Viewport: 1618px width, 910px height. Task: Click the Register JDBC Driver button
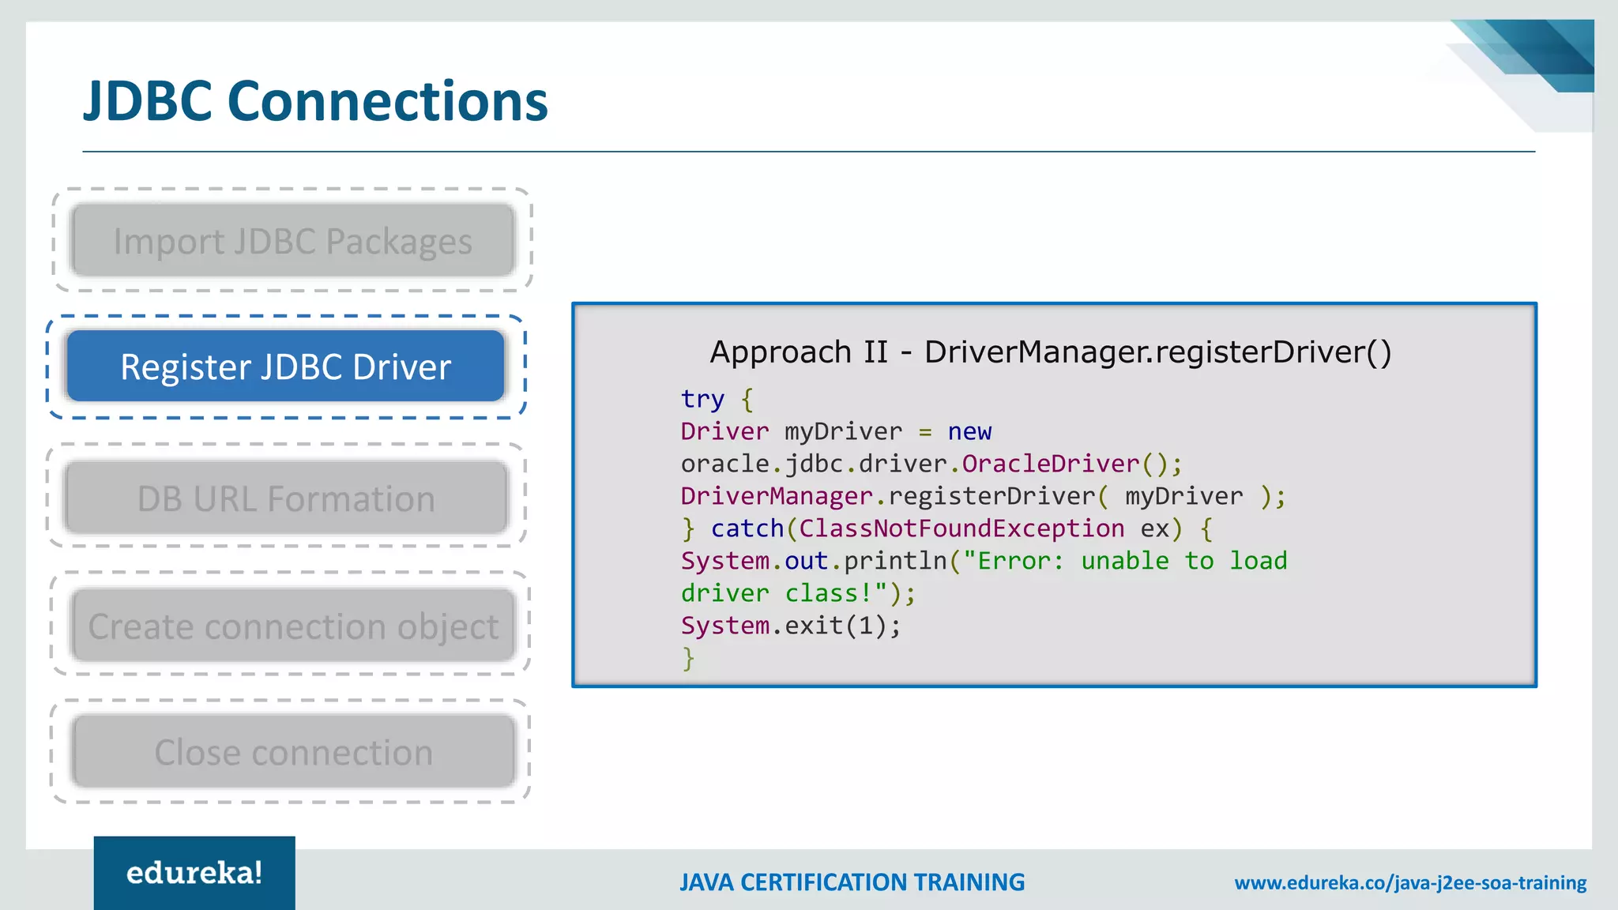[285, 367]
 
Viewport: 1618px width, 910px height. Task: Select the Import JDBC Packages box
[292, 241]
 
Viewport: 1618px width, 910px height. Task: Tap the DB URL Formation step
[286, 498]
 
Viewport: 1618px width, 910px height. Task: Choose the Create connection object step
[293, 626]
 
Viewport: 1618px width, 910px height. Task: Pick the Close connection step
[293, 752]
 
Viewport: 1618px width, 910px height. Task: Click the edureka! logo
[194, 873]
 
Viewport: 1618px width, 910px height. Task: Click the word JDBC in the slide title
[148, 102]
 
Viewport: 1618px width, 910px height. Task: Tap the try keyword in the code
[702, 399]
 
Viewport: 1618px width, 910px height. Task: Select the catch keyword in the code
[747, 528]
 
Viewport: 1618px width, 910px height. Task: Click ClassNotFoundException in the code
[961, 528]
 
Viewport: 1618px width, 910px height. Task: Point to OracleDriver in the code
[1050, 464]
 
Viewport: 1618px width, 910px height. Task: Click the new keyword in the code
[969, 431]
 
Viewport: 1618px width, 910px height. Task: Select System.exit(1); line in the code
[790, 626]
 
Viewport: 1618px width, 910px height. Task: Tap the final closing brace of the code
[688, 658]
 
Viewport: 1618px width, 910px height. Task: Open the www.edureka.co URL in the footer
[1410, 882]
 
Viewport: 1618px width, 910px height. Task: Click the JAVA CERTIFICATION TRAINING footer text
[852, 882]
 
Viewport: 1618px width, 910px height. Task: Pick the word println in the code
[895, 561]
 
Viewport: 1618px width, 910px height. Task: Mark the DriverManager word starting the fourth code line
[777, 496]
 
